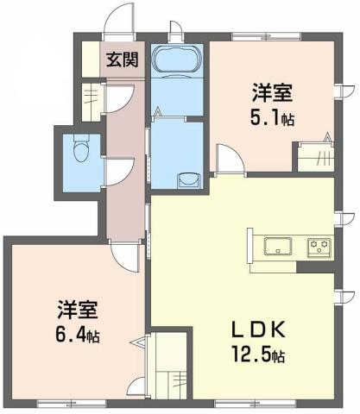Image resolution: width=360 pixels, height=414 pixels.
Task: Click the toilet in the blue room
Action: coord(80,152)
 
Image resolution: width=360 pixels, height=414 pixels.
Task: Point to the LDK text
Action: coord(255,330)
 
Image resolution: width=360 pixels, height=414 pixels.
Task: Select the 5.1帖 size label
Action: coord(275,118)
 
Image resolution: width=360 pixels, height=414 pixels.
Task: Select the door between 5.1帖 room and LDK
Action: coord(227,160)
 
